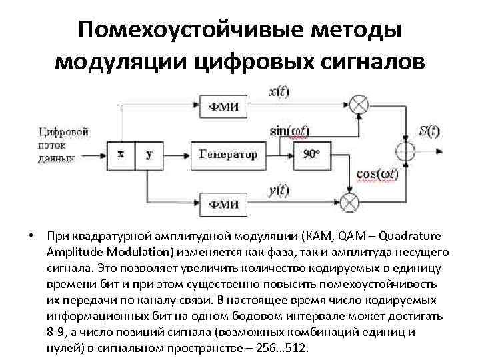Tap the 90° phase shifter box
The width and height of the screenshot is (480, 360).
311,154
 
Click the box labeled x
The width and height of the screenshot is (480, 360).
121,154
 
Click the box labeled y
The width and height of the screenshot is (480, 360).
149,154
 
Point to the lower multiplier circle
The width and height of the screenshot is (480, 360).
349,201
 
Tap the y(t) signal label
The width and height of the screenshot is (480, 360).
279,190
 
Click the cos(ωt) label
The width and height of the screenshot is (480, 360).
378,175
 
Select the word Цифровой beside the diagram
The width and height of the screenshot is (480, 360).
63,131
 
